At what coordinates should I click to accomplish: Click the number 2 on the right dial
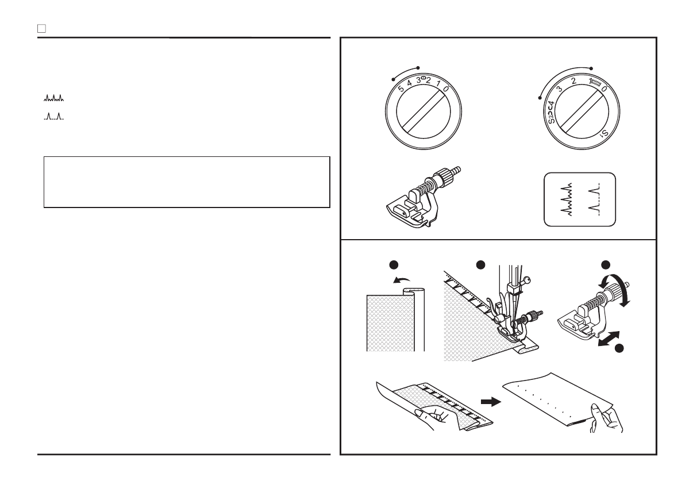coord(574,82)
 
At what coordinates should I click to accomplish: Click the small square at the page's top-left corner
coord(41,28)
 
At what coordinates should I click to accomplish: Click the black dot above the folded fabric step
coord(392,264)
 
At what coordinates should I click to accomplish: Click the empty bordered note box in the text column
coord(187,182)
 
